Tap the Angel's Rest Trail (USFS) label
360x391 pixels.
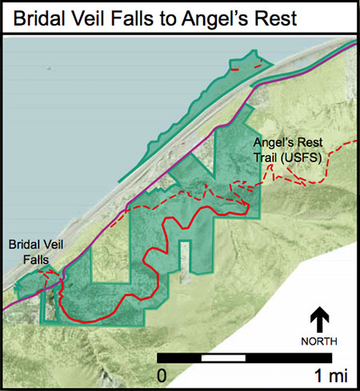click(286, 151)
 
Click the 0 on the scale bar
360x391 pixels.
click(162, 374)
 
